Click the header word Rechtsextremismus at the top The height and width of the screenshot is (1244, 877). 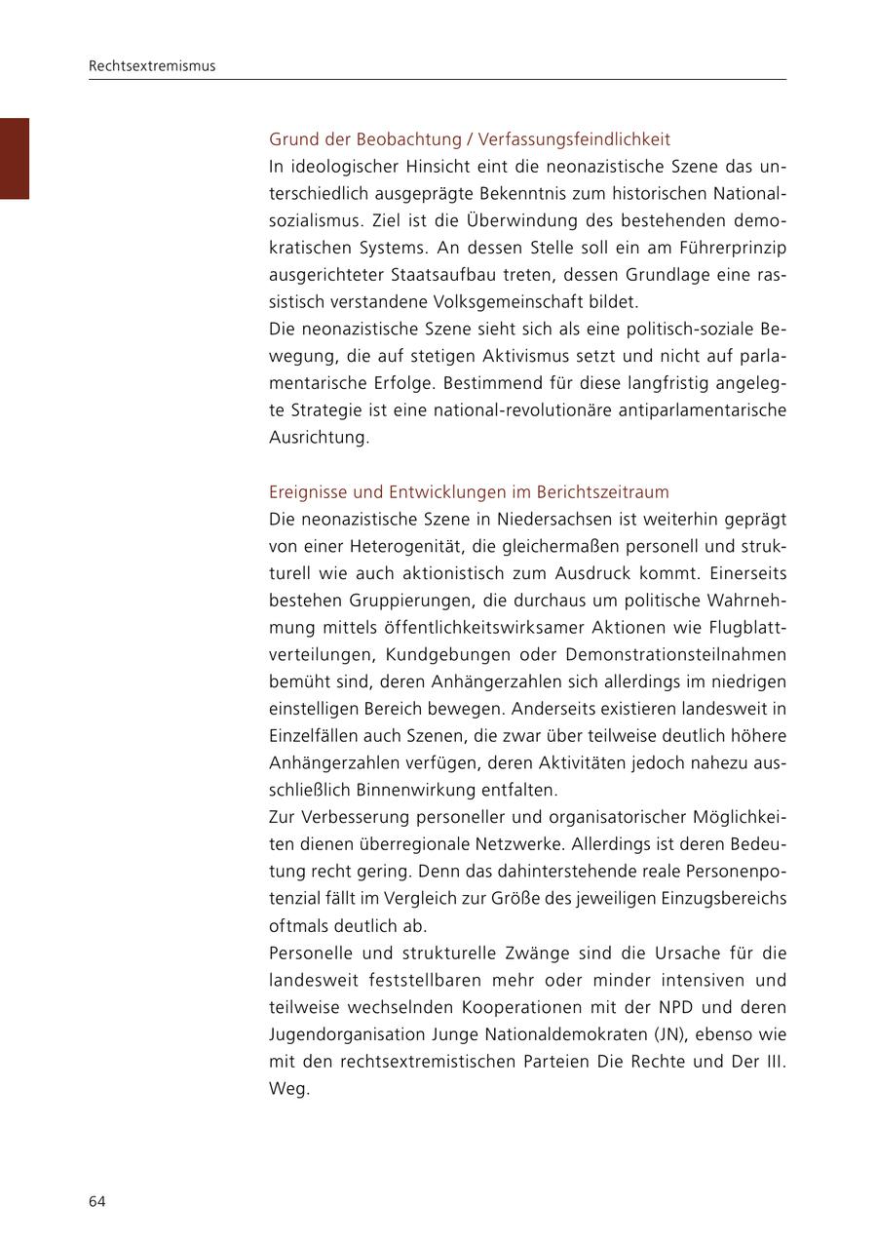click(x=152, y=66)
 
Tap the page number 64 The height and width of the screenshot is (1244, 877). click(x=97, y=1201)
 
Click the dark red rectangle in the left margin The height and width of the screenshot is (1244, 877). click(x=15, y=158)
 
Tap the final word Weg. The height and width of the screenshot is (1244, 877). click(x=288, y=1089)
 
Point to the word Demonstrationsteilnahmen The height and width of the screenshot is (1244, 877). click(x=675, y=654)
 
